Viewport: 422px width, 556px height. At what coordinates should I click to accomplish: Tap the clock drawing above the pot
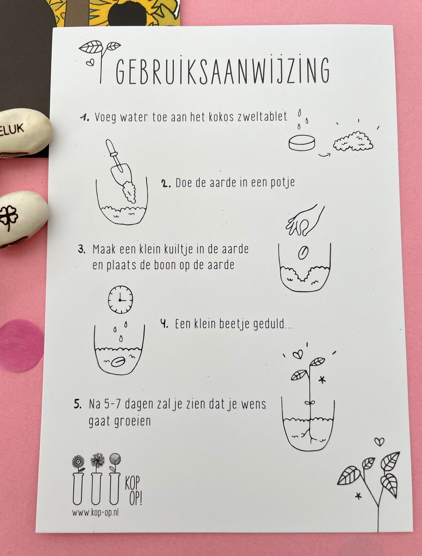(x=120, y=299)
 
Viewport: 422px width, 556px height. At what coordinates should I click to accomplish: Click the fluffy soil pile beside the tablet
(x=353, y=141)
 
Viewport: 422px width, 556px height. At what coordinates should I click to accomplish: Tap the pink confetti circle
(x=21, y=345)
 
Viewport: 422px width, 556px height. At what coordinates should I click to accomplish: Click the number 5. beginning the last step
(x=78, y=404)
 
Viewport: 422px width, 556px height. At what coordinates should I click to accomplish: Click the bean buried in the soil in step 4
(x=119, y=362)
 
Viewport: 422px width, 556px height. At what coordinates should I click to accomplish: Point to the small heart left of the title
(x=90, y=63)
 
